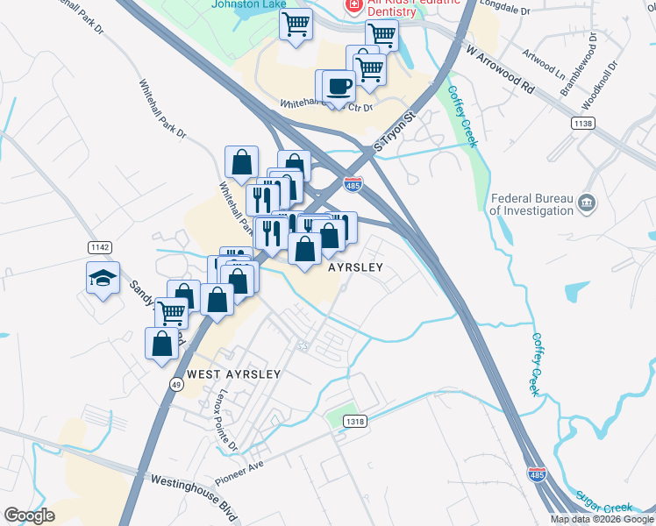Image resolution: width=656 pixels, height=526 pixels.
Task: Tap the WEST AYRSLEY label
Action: coord(233,374)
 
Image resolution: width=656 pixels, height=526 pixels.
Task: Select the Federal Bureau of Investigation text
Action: coord(531,204)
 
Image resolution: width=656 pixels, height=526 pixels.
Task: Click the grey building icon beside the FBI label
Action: coord(587,204)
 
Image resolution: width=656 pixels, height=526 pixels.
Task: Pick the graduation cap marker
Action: coord(103,278)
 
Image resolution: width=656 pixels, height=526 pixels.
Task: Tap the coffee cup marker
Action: coord(339,86)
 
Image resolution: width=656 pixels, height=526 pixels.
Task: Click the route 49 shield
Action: coord(176,384)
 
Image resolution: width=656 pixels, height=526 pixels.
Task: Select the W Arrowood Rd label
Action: coord(500,71)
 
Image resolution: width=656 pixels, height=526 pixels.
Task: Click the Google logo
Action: coord(29,515)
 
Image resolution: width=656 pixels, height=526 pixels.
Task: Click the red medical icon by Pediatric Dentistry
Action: coord(353,5)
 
